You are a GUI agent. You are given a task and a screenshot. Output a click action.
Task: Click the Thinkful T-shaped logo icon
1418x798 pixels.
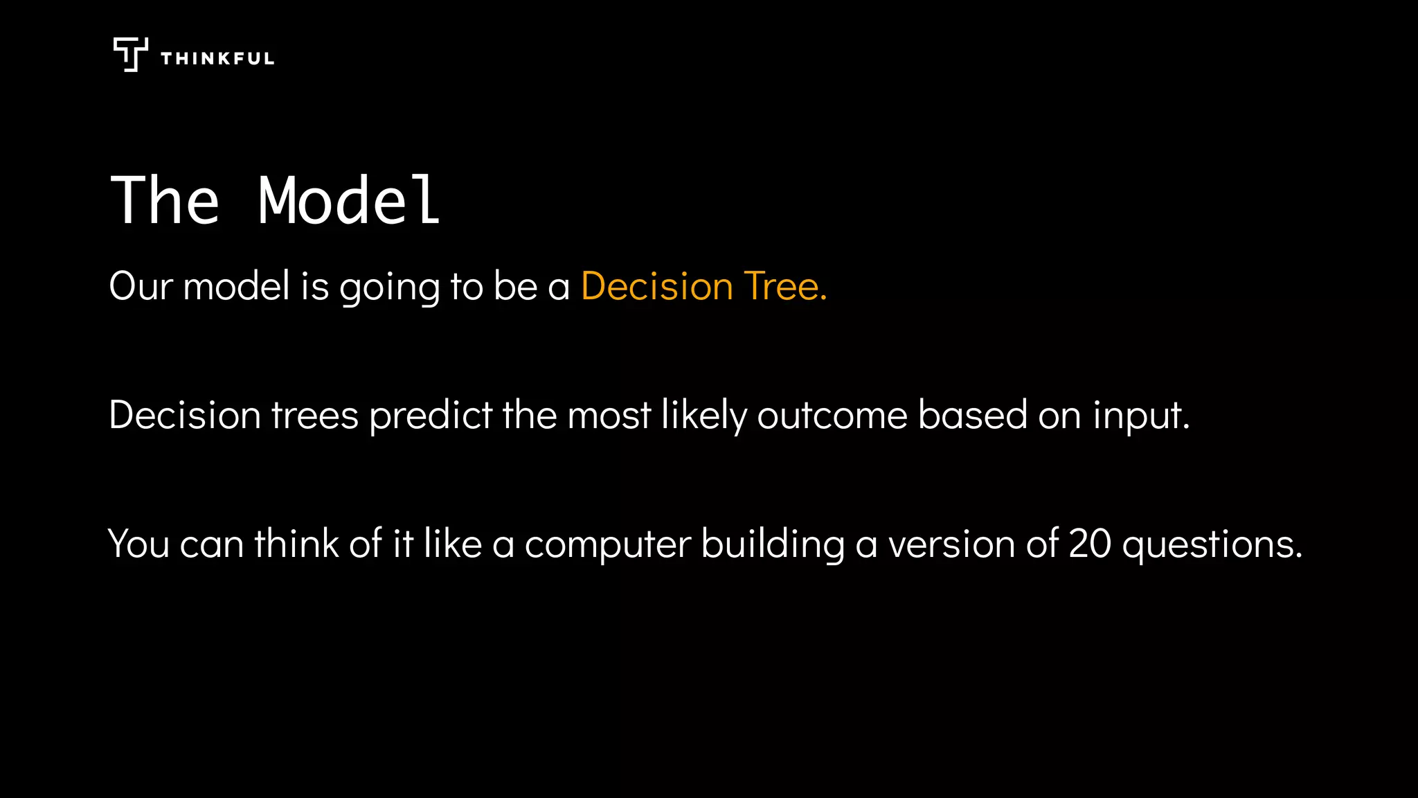[130, 54]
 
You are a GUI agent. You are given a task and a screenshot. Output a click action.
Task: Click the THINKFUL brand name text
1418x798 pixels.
[217, 59]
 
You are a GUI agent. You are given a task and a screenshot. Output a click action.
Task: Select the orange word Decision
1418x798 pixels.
[656, 286]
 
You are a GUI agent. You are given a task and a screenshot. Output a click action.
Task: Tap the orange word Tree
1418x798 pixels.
[785, 286]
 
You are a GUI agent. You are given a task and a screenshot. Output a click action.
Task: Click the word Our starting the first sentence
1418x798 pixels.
[141, 286]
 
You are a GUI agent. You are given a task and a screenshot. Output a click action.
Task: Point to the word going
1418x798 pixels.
[389, 287]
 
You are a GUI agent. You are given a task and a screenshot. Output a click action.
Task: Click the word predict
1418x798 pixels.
[431, 416]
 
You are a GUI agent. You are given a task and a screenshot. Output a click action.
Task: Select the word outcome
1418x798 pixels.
[832, 416]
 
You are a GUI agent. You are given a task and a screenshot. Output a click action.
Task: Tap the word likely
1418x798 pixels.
[703, 416]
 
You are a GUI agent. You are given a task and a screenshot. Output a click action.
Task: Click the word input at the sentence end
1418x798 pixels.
[1140, 416]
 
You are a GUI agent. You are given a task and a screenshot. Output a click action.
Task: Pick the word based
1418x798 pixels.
[972, 416]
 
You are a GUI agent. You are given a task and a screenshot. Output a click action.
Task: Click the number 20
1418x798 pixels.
[1090, 544]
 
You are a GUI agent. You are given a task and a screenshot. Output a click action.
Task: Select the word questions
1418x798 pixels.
[1212, 544]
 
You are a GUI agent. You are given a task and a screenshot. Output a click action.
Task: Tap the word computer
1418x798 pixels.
[607, 544]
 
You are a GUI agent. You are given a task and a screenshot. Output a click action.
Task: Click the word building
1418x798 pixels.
[773, 544]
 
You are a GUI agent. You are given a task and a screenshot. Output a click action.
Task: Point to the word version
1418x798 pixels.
[951, 544]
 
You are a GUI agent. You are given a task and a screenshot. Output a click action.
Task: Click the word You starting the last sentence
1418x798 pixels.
[138, 544]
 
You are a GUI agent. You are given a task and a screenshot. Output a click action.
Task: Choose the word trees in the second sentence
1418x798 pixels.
[314, 416]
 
